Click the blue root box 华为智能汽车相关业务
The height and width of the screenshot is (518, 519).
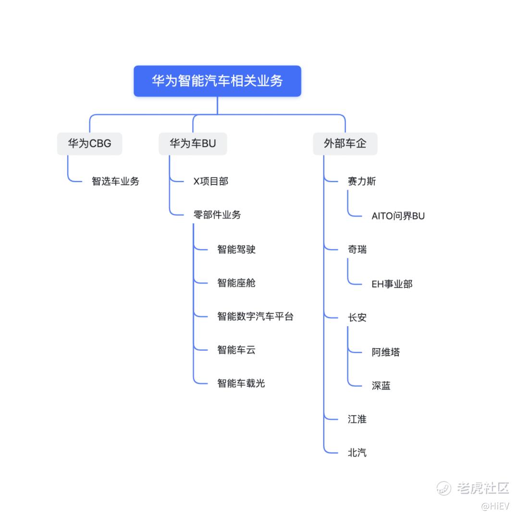217,81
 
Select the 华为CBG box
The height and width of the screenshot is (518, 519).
89,143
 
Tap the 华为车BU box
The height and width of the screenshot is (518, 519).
193,143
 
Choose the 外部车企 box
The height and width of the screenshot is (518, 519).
345,143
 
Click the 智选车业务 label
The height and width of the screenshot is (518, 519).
115,181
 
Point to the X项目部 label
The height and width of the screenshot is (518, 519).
210,181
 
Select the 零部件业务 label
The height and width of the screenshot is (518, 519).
217,215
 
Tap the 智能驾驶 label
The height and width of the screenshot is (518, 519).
236,249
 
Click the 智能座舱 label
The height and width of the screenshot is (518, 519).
236,283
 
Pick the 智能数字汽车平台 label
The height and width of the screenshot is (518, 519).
255,316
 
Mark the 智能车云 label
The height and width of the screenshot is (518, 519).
236,350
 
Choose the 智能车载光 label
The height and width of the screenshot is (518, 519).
241,383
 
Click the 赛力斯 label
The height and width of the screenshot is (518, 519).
362,181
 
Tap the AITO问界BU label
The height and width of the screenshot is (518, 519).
398,216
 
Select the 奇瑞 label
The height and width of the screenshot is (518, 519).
357,249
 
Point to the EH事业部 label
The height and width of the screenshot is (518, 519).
392,284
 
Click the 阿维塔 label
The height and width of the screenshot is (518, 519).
385,352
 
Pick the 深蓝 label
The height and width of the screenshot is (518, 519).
381,385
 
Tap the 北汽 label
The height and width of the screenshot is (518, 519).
357,453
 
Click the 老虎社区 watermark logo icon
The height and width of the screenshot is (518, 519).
444,488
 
